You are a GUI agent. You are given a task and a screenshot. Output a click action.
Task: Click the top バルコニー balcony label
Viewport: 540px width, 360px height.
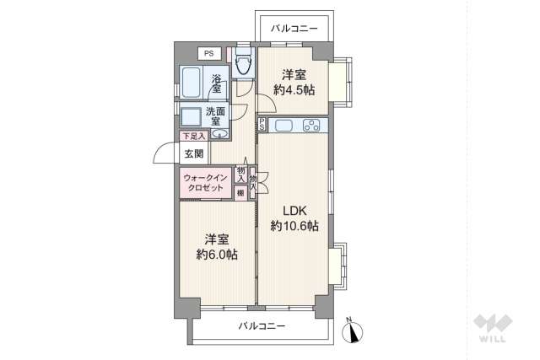point(294,28)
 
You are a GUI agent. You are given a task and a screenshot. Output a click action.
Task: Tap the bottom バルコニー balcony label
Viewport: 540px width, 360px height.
point(261,326)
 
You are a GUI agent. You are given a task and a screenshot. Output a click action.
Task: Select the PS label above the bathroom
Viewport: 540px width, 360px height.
point(208,54)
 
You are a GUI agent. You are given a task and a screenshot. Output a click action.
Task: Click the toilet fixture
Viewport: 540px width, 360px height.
point(245,64)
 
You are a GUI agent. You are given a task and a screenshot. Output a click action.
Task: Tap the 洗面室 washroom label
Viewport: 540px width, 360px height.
point(216,116)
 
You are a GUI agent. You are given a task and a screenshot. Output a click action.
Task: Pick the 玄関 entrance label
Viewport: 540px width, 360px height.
point(193,153)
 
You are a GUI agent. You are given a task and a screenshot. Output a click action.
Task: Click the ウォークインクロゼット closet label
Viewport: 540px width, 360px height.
point(203,183)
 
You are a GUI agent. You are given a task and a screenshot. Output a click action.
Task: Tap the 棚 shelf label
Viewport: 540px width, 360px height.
point(241,193)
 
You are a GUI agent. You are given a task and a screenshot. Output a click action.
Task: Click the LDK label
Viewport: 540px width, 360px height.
point(294,210)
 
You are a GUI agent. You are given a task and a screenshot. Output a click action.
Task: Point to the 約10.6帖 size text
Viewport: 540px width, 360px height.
point(294,226)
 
